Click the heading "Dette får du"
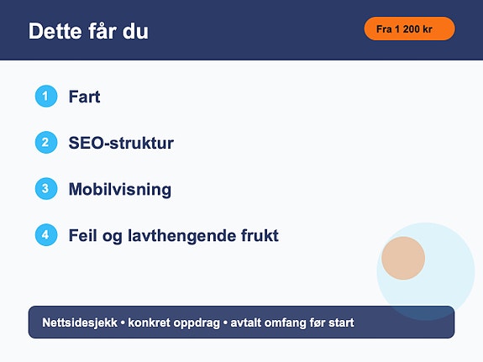tap(88, 31)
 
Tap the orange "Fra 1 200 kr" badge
tap(409, 29)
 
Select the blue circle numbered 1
tap(46, 96)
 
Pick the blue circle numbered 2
tap(46, 142)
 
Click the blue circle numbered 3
tap(46, 188)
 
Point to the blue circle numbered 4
tap(46, 235)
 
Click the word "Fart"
tap(84, 97)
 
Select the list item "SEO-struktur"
tap(121, 143)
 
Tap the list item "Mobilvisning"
tap(120, 189)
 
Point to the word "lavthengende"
tap(181, 236)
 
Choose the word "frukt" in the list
tap(260, 235)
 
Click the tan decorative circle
tap(403, 258)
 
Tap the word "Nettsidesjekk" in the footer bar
tap(80, 323)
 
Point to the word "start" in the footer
tap(341, 323)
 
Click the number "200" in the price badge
tap(411, 29)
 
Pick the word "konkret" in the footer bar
tap(149, 323)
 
